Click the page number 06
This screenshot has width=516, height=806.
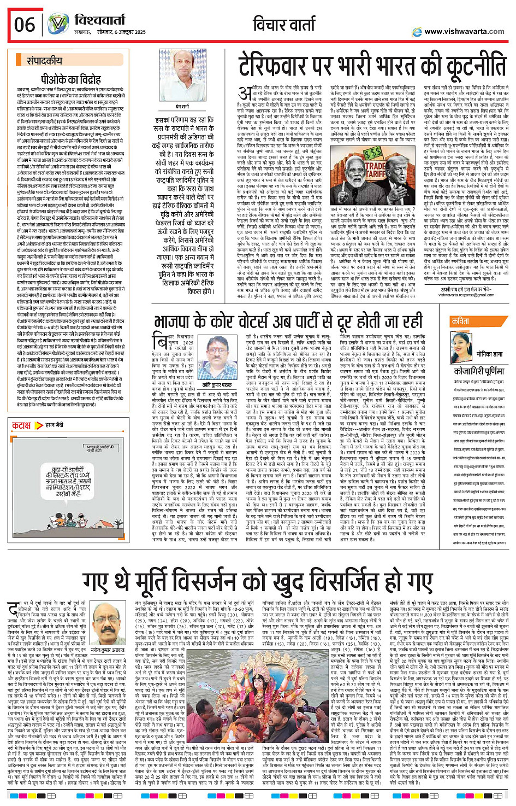point(25,25)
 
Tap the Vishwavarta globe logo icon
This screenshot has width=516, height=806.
point(57,24)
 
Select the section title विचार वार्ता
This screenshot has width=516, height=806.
point(284,24)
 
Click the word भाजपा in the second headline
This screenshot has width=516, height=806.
point(180,321)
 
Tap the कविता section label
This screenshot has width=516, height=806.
point(460,322)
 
